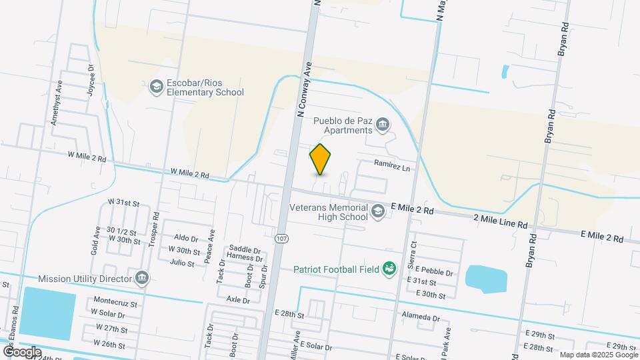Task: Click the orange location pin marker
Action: point(321,159)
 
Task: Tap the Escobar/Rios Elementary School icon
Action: point(156,86)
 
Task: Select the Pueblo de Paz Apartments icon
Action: point(383,123)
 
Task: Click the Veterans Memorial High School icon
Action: point(378,211)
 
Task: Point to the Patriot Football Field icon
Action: point(390,269)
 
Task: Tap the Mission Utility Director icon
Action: point(141,278)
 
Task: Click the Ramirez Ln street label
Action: point(391,164)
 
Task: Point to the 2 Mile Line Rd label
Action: point(500,219)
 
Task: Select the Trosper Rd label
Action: point(155,229)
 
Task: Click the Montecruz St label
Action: point(115,303)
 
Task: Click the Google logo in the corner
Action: point(21,352)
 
